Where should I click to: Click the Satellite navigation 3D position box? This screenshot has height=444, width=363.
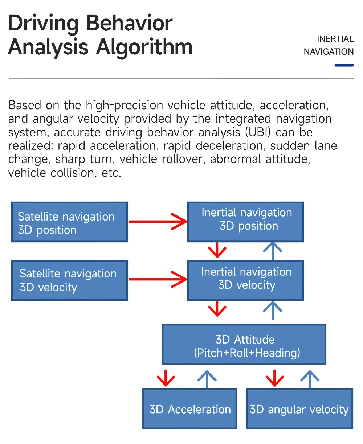(69, 222)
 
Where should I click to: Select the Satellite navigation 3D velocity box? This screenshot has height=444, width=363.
(69, 280)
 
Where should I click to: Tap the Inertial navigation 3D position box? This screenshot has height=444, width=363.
(245, 222)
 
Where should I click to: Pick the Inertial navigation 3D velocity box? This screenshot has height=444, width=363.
(245, 280)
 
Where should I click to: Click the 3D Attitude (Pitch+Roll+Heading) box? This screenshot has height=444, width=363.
(244, 344)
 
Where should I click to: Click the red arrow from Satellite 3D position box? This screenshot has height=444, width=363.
(158, 222)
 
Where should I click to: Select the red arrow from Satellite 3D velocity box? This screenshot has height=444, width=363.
(158, 279)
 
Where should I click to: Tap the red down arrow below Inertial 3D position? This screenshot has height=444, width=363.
(217, 250)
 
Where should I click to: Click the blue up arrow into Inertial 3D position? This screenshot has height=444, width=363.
(273, 251)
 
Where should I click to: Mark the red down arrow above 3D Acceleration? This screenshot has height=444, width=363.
(166, 378)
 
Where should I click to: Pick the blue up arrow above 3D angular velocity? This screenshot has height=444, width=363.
(310, 379)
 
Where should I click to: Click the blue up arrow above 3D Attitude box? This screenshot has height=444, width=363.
(273, 310)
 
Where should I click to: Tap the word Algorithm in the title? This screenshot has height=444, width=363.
(144, 48)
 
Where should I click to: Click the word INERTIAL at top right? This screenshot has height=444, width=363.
(335, 39)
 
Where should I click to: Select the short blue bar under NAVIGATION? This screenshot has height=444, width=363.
(344, 65)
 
